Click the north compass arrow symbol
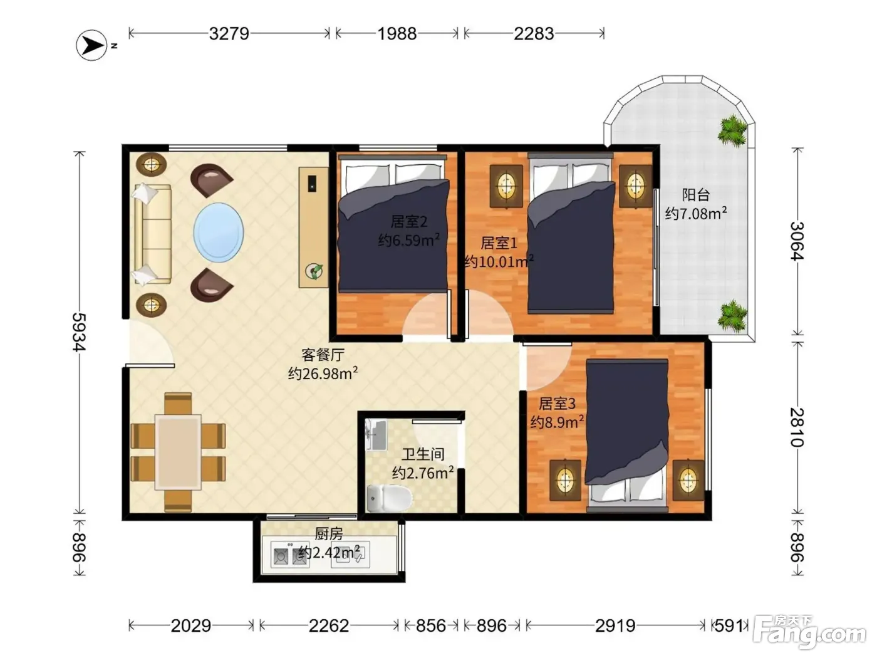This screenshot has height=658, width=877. pos(91,46)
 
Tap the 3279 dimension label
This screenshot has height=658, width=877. pos(229,34)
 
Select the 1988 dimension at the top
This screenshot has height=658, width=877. pos(397,34)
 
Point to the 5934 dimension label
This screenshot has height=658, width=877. pos(79,332)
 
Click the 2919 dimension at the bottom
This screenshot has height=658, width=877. pos(615,625)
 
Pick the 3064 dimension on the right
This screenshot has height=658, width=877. pos(797,241)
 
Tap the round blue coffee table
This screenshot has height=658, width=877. pos(219,232)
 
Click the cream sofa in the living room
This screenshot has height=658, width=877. pos(152,234)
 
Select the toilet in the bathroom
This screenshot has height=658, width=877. pos(389,498)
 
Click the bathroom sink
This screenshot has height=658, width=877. pos(376,434)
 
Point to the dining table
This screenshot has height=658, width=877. pos(178,452)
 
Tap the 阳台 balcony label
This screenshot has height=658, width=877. pos(695,195)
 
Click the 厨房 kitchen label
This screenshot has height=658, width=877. pos(328,533)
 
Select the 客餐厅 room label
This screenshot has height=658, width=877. pos(323,354)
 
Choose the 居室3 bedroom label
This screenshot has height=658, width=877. pos(557,404)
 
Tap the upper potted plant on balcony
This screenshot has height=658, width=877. pos(732,130)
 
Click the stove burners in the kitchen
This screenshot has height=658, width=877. pos(289,555)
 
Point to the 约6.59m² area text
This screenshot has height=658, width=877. pos(408,240)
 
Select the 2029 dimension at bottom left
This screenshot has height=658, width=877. pos(190,625)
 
